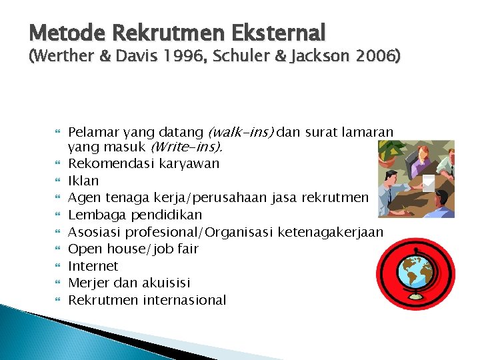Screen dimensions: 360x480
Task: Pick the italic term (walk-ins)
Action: [241, 133]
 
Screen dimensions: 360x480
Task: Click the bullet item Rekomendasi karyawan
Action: [144, 163]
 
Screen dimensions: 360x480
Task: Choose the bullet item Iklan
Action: [83, 181]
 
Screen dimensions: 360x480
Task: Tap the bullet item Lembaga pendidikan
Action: [135, 215]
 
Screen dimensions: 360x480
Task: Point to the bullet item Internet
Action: [93, 266]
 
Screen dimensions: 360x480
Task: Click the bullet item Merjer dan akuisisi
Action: [129, 283]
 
